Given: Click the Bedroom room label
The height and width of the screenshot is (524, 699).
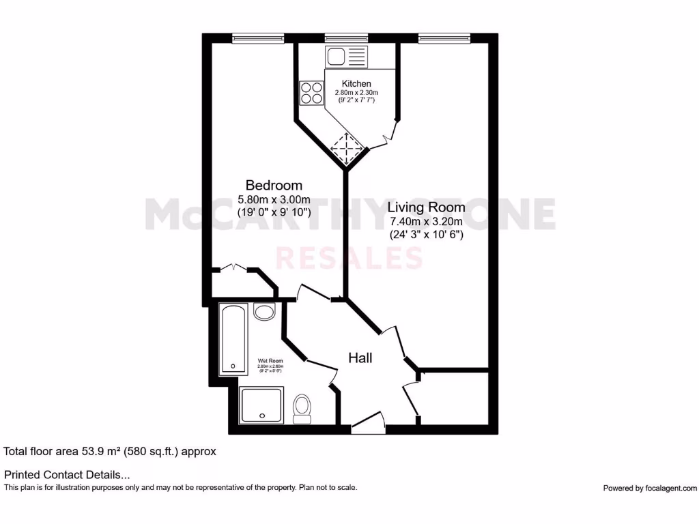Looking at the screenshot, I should click(274, 185).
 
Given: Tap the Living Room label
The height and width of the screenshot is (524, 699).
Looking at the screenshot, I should click(427, 207).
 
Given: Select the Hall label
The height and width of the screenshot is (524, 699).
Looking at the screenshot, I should click(360, 358).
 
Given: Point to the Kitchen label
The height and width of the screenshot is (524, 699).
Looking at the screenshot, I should click(356, 84).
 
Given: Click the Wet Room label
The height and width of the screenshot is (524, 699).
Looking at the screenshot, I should click(270, 361).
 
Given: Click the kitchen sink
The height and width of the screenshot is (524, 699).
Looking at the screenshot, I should click(347, 56).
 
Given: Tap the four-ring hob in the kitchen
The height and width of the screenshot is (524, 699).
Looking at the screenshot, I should click(311, 93).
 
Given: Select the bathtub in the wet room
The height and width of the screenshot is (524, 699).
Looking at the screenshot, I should click(233, 339).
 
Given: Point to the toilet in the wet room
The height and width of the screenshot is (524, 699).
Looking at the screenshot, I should click(301, 407).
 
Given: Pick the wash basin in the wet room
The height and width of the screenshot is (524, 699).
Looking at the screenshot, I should click(263, 312).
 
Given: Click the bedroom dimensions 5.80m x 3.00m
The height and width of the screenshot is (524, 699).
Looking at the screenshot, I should click(274, 199).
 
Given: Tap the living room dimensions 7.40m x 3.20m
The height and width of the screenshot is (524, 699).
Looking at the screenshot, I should click(427, 222).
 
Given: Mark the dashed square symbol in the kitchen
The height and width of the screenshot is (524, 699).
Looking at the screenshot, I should click(345, 147).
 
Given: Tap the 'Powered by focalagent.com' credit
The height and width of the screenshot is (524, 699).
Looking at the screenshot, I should click(650, 488).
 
